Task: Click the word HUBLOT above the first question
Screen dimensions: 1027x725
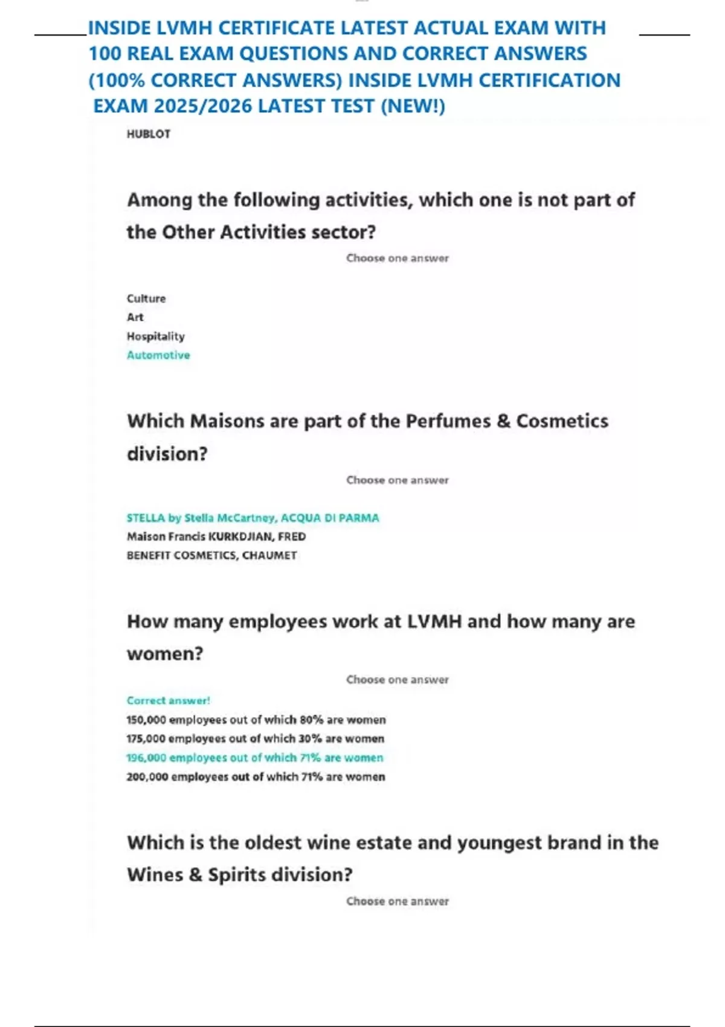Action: (148, 134)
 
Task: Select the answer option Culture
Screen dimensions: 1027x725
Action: (146, 298)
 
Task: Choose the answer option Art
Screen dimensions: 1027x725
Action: (135, 317)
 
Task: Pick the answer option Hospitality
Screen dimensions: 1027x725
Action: (155, 336)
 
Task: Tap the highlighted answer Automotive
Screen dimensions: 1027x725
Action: (158, 355)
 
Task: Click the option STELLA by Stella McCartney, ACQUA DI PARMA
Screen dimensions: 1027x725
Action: (253, 518)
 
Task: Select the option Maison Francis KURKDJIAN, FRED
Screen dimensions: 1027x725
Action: (216, 536)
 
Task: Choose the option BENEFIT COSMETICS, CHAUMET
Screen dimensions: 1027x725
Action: (211, 555)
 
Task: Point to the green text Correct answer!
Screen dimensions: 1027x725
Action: (168, 701)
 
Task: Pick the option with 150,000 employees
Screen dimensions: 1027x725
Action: (256, 720)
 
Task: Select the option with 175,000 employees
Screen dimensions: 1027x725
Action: (255, 739)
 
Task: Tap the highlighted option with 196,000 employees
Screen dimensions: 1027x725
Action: (254, 758)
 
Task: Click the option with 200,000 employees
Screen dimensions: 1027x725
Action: (256, 777)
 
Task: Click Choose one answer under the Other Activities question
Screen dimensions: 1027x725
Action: (397, 258)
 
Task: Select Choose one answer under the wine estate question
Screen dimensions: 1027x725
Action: (397, 901)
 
